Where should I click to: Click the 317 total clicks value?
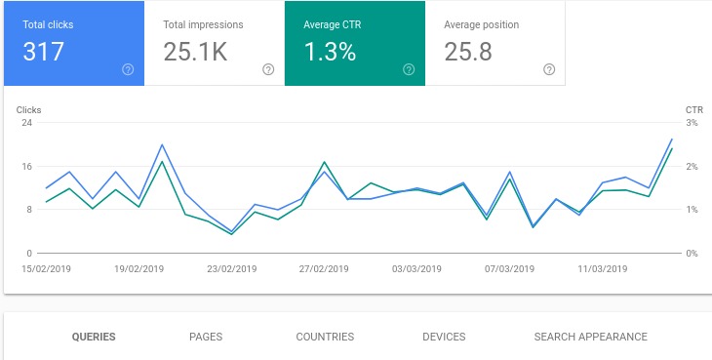[x=44, y=52]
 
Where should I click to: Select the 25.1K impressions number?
[x=195, y=52]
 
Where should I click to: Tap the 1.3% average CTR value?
[x=329, y=52]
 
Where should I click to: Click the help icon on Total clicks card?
[x=128, y=69]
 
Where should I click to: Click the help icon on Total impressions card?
[x=268, y=69]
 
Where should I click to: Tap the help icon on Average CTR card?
[x=409, y=69]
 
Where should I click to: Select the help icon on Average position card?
[x=549, y=69]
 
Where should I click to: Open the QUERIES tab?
[x=94, y=337]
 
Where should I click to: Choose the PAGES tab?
[x=206, y=337]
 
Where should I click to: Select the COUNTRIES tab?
[x=325, y=337]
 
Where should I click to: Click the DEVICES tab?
[x=444, y=337]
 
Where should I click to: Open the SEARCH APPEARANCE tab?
[x=590, y=337]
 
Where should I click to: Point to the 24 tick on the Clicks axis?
[x=27, y=123]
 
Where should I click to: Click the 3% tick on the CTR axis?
[x=692, y=123]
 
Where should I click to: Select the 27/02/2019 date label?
[x=324, y=268]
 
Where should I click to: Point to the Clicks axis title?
[x=29, y=110]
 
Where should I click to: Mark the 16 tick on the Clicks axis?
[x=27, y=167]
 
